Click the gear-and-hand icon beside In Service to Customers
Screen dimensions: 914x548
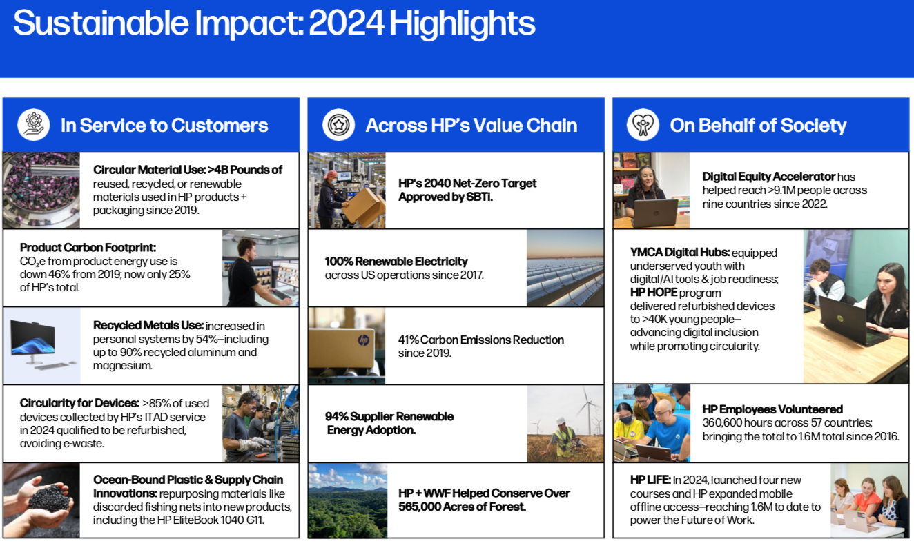pyautogui.click(x=33, y=125)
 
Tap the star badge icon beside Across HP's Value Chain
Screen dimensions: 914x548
pyautogui.click(x=338, y=125)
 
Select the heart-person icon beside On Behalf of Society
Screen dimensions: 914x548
pyautogui.click(x=643, y=125)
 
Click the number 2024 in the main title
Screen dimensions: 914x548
pyautogui.click(x=346, y=23)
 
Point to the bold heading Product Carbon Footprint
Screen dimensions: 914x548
pyautogui.click(x=88, y=248)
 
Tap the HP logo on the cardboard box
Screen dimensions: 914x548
pyautogui.click(x=363, y=340)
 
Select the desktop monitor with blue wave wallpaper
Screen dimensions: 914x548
pyautogui.click(x=32, y=339)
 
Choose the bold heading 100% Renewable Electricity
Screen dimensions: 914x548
pyautogui.click(x=396, y=261)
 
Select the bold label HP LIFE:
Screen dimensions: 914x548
pyautogui.click(x=650, y=480)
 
